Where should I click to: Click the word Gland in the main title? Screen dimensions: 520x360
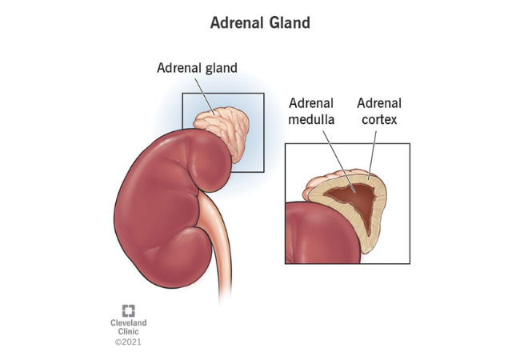coord(290,23)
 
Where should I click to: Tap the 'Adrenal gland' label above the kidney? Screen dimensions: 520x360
coord(197,68)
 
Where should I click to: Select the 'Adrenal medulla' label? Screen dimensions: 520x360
coord(311,111)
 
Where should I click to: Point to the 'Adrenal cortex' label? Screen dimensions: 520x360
coord(379,111)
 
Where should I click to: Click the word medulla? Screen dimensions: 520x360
coord(311,119)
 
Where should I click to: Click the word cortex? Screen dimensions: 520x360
coord(379,120)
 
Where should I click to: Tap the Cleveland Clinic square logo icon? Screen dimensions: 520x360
coord(128,311)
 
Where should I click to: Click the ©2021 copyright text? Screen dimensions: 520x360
coord(128,342)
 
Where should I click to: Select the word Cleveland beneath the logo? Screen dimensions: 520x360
coord(128,322)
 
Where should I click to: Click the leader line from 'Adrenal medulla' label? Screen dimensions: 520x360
coord(339,162)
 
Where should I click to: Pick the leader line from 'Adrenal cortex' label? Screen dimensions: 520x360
coord(373,155)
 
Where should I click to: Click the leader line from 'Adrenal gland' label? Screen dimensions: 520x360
coord(205,97)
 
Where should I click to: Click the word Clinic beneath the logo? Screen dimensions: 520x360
coord(128,331)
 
